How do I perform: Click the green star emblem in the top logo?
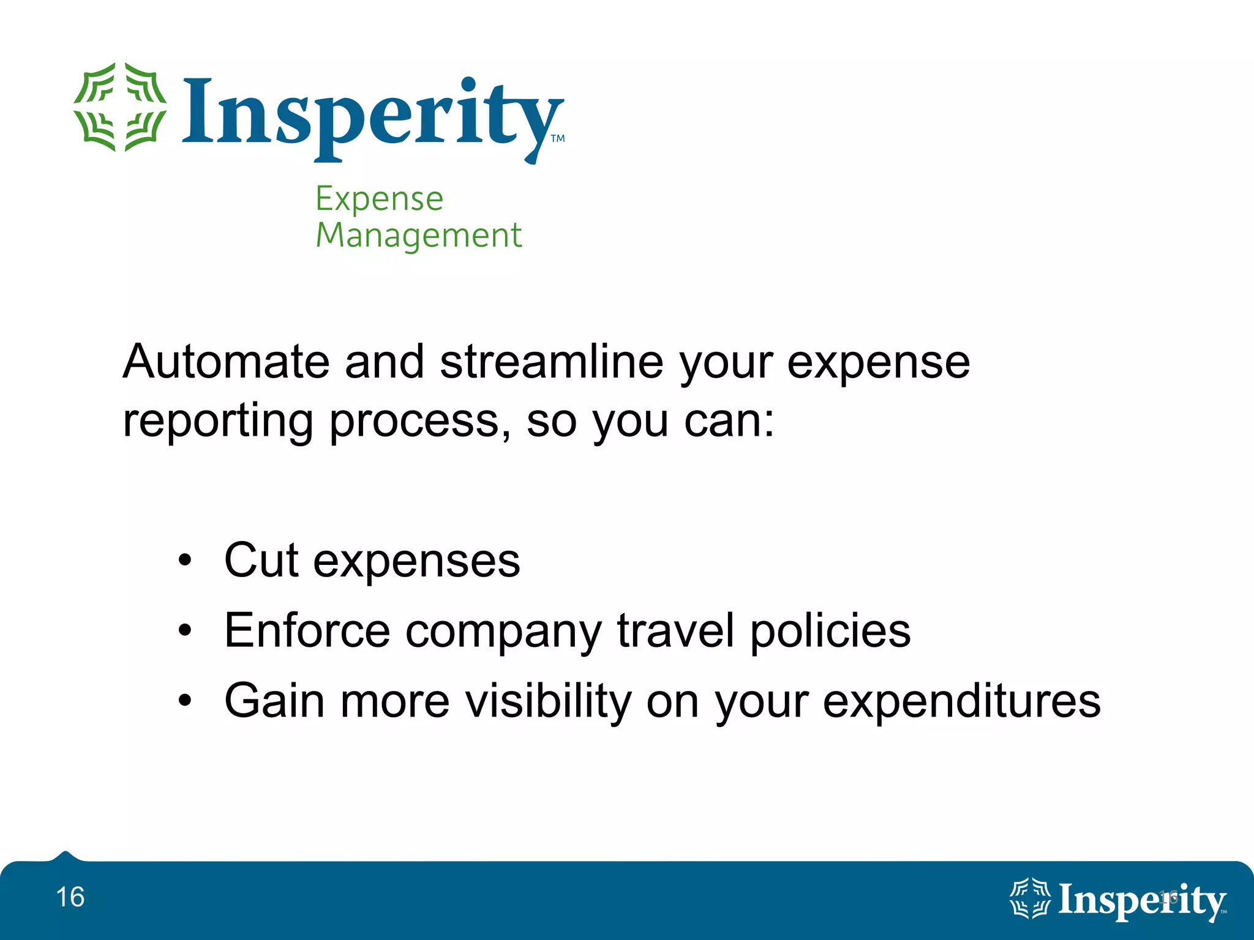click(120, 107)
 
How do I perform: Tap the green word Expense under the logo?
click(379, 199)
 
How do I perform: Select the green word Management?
click(419, 236)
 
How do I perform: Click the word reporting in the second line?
click(218, 422)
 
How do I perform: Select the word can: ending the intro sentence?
click(729, 422)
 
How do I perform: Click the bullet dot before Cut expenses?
click(185, 560)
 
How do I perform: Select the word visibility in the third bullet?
click(548, 701)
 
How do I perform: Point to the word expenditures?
click(961, 701)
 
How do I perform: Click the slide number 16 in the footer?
click(70, 897)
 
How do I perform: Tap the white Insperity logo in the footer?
click(1117, 900)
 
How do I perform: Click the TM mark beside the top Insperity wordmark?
click(558, 138)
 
